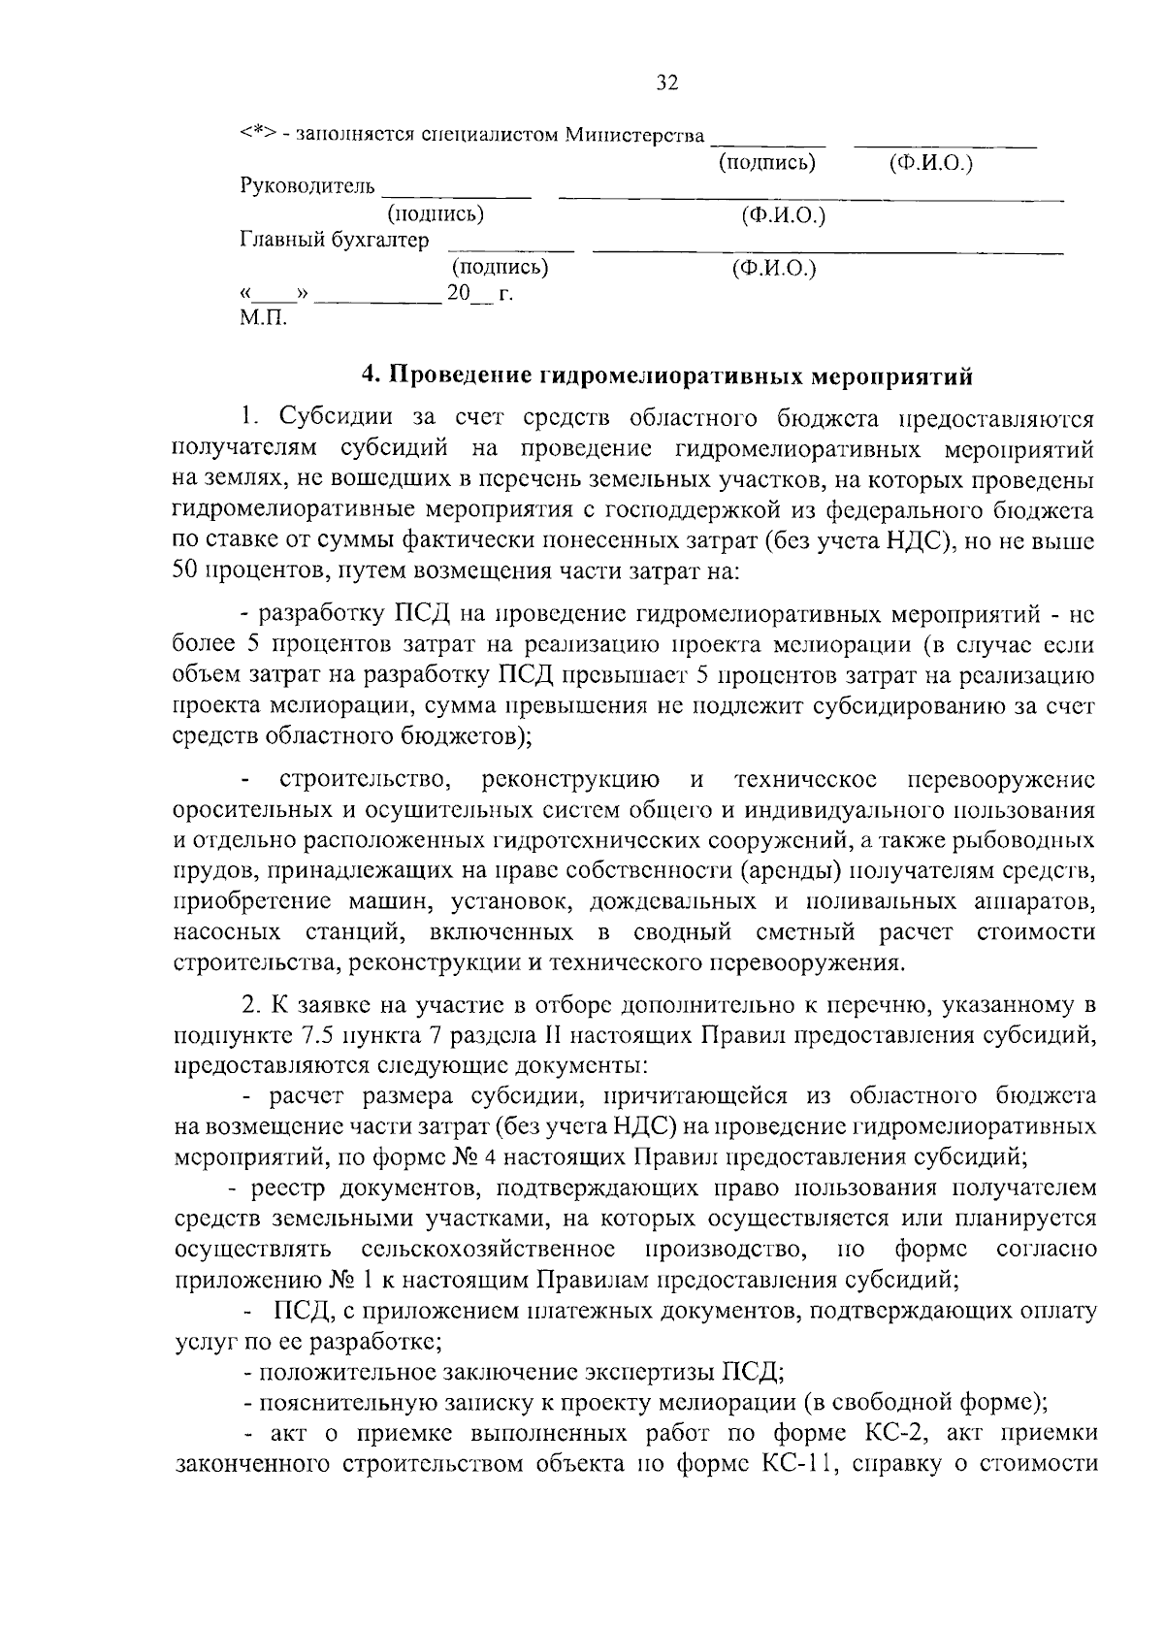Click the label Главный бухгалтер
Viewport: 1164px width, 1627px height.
point(334,240)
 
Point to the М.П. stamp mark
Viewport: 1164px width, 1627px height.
point(263,318)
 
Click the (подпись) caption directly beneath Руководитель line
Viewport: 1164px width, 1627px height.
point(435,214)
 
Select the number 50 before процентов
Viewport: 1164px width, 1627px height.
point(185,569)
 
